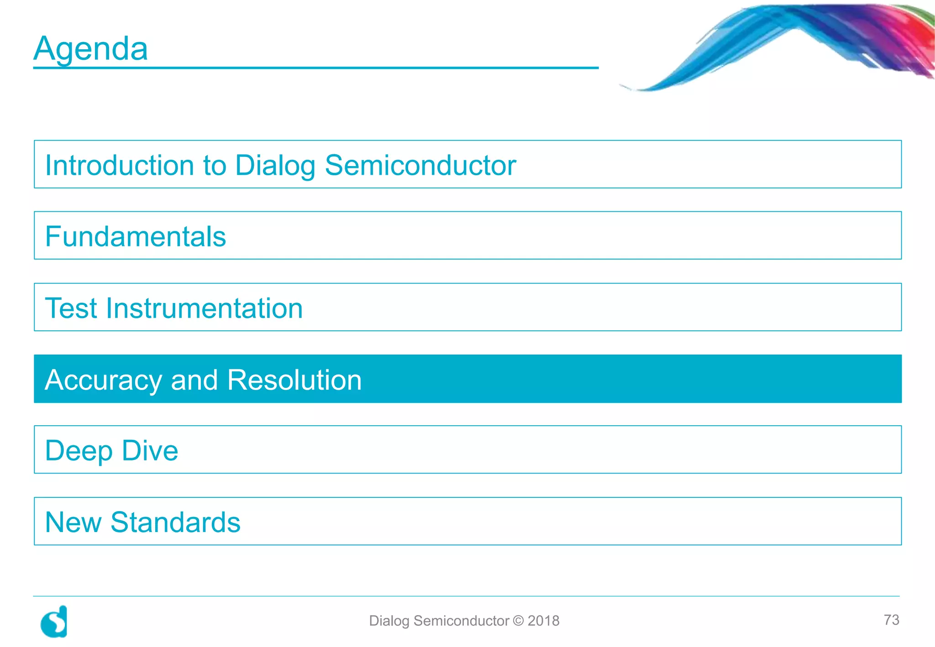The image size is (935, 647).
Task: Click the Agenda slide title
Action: click(x=91, y=49)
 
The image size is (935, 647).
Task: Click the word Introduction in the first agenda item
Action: click(x=120, y=165)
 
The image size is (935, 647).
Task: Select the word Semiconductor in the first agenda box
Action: click(x=420, y=165)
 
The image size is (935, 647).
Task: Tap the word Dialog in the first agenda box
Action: click(x=275, y=166)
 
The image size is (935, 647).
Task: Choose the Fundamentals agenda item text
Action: click(x=136, y=237)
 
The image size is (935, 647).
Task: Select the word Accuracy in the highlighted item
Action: click(x=104, y=380)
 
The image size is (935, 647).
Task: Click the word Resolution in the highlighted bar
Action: click(x=294, y=380)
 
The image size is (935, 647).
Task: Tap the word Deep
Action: click(x=79, y=451)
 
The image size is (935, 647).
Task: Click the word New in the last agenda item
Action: click(x=73, y=522)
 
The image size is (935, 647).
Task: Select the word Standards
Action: click(x=175, y=522)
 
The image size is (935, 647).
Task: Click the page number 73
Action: click(x=891, y=620)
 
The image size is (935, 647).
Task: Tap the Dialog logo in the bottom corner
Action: click(x=54, y=621)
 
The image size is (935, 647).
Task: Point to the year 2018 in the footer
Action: click(x=543, y=621)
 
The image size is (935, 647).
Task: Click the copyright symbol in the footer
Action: click(x=518, y=621)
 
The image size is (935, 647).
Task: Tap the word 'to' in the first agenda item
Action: click(x=215, y=166)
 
